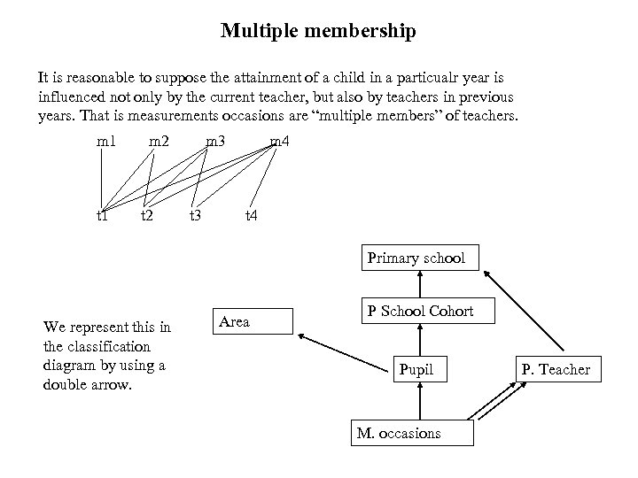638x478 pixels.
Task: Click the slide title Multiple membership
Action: [x=318, y=32]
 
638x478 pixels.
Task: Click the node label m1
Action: [x=106, y=142]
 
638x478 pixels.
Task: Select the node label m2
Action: [x=159, y=142]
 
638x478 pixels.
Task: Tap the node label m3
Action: [x=214, y=142]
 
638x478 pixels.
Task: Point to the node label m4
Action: [x=279, y=142]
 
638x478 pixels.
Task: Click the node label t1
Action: [x=103, y=215]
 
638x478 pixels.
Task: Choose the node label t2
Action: [x=148, y=215]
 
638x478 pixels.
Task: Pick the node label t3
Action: [x=196, y=215]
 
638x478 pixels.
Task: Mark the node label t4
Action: [x=252, y=215]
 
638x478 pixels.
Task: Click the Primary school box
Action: [x=416, y=258]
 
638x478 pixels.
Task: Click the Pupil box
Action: [x=416, y=369]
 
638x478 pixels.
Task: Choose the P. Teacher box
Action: [x=556, y=370]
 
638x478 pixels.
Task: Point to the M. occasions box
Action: [x=412, y=433]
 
